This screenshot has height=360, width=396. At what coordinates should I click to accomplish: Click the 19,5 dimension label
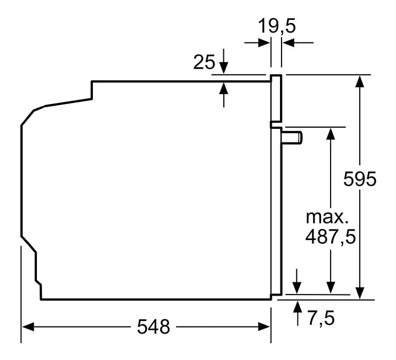[x=277, y=26]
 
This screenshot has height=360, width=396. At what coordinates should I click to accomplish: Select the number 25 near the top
[x=204, y=62]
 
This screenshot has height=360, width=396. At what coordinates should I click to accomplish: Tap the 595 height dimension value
[x=360, y=179]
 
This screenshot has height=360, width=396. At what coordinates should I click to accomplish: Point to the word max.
[x=327, y=217]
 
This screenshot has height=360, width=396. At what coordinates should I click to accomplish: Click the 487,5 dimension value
[x=331, y=237]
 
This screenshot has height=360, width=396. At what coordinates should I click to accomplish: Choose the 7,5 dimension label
[x=321, y=318]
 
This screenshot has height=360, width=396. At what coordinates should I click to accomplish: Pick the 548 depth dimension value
[x=153, y=326]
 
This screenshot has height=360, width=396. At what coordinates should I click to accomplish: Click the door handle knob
[x=291, y=138]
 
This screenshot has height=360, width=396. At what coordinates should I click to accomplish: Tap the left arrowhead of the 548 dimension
[x=28, y=327]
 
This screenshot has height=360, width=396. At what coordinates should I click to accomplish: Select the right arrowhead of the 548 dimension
[x=264, y=326]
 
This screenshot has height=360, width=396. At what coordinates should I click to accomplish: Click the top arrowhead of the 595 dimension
[x=359, y=81]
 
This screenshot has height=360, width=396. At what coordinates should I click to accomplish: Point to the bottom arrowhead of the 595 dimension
[x=359, y=293]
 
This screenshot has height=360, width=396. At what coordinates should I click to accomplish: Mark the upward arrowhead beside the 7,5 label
[x=298, y=307]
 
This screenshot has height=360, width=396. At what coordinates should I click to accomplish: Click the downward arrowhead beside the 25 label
[x=224, y=68]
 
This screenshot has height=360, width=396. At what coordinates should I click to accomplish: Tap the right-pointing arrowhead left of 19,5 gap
[x=264, y=43]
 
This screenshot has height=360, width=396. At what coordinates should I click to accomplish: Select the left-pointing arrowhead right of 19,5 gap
[x=288, y=43]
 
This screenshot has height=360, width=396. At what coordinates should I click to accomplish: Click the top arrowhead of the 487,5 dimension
[x=331, y=133]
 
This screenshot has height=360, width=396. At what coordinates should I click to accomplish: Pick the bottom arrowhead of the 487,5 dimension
[x=331, y=288]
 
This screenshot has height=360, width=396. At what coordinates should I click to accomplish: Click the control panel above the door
[x=276, y=98]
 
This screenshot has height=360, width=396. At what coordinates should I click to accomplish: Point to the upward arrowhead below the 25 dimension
[x=224, y=88]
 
